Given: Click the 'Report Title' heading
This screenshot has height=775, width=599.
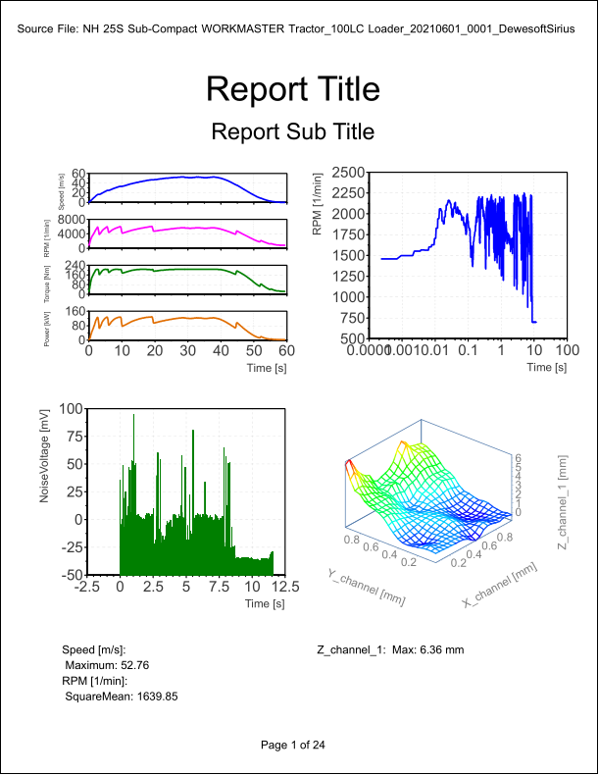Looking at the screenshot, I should pos(293,89).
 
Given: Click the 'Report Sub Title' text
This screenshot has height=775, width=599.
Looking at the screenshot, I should pos(293,131).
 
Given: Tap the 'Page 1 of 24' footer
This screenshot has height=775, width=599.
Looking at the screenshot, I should pos(293,746).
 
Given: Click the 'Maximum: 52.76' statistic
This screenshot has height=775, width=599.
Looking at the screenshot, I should pos(107,665).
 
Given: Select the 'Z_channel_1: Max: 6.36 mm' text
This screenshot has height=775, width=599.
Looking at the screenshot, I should pos(390,649).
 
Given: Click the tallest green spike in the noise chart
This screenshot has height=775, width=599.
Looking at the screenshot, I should pos(133,416).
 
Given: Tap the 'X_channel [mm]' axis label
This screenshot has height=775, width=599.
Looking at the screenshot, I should pos(499,586).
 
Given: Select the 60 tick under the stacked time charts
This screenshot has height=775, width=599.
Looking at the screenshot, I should pos(287,349).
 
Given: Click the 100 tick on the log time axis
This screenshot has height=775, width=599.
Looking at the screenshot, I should pos(566,349).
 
